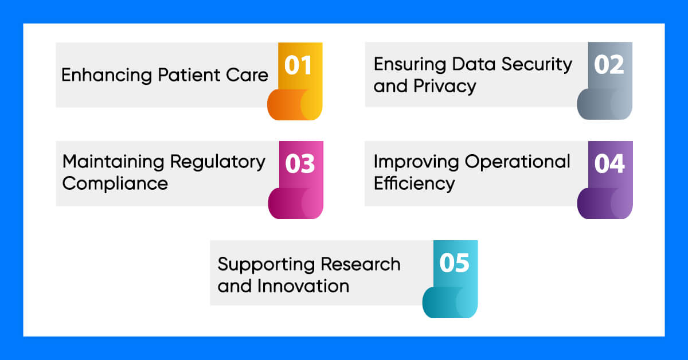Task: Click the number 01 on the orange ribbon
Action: click(299, 65)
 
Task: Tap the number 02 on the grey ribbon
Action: click(609, 65)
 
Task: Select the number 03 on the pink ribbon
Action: click(300, 164)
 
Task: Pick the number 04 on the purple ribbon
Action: click(609, 164)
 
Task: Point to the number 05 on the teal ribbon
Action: click(454, 263)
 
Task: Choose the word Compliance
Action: click(115, 184)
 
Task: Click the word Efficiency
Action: click(414, 184)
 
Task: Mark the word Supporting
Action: click(266, 265)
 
